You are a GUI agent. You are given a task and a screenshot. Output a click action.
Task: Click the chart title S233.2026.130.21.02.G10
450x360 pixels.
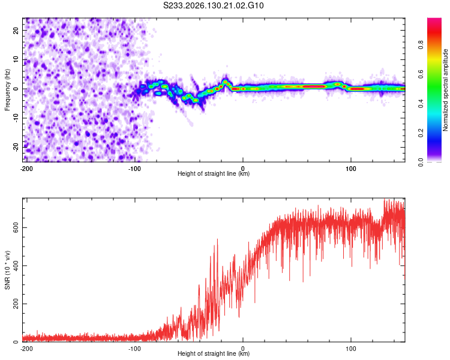coord(213,5)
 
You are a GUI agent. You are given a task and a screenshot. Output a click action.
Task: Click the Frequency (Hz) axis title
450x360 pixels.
coord(7,90)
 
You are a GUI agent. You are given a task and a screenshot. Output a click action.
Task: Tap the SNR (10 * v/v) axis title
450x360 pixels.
coord(7,270)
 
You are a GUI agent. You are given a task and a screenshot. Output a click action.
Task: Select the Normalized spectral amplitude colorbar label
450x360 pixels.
coord(445,90)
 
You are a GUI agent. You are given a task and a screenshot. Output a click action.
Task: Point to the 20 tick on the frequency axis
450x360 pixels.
coord(16,30)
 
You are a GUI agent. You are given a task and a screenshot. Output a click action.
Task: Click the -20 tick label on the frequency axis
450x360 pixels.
coord(16,147)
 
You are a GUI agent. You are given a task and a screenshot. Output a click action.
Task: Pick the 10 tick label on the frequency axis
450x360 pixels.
coord(16,59)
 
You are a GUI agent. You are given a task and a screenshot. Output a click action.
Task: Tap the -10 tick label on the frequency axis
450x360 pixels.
coord(16,118)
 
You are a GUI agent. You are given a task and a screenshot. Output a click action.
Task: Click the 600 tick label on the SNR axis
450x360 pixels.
coord(16,227)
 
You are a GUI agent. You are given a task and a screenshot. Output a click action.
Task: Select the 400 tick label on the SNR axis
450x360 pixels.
coord(16,266)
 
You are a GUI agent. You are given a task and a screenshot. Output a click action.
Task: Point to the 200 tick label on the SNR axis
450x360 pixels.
coord(16,304)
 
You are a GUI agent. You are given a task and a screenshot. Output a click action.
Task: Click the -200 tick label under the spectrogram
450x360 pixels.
coord(26,169)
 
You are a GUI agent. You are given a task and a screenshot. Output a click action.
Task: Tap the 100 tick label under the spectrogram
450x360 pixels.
coord(351,169)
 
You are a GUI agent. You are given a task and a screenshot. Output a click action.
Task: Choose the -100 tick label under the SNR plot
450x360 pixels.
coord(134,349)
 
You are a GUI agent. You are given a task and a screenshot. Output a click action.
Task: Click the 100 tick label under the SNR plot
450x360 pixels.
coord(351,349)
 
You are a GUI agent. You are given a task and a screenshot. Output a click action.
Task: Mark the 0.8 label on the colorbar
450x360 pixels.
coord(421,45)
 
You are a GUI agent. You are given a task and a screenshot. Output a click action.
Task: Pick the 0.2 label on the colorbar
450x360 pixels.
coord(421,133)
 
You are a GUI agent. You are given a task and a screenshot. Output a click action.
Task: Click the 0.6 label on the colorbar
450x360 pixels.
coord(421,74)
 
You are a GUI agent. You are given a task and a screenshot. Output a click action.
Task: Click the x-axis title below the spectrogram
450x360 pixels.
coord(214,173)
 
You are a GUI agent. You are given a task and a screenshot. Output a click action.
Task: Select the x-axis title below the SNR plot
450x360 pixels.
coord(214,353)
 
